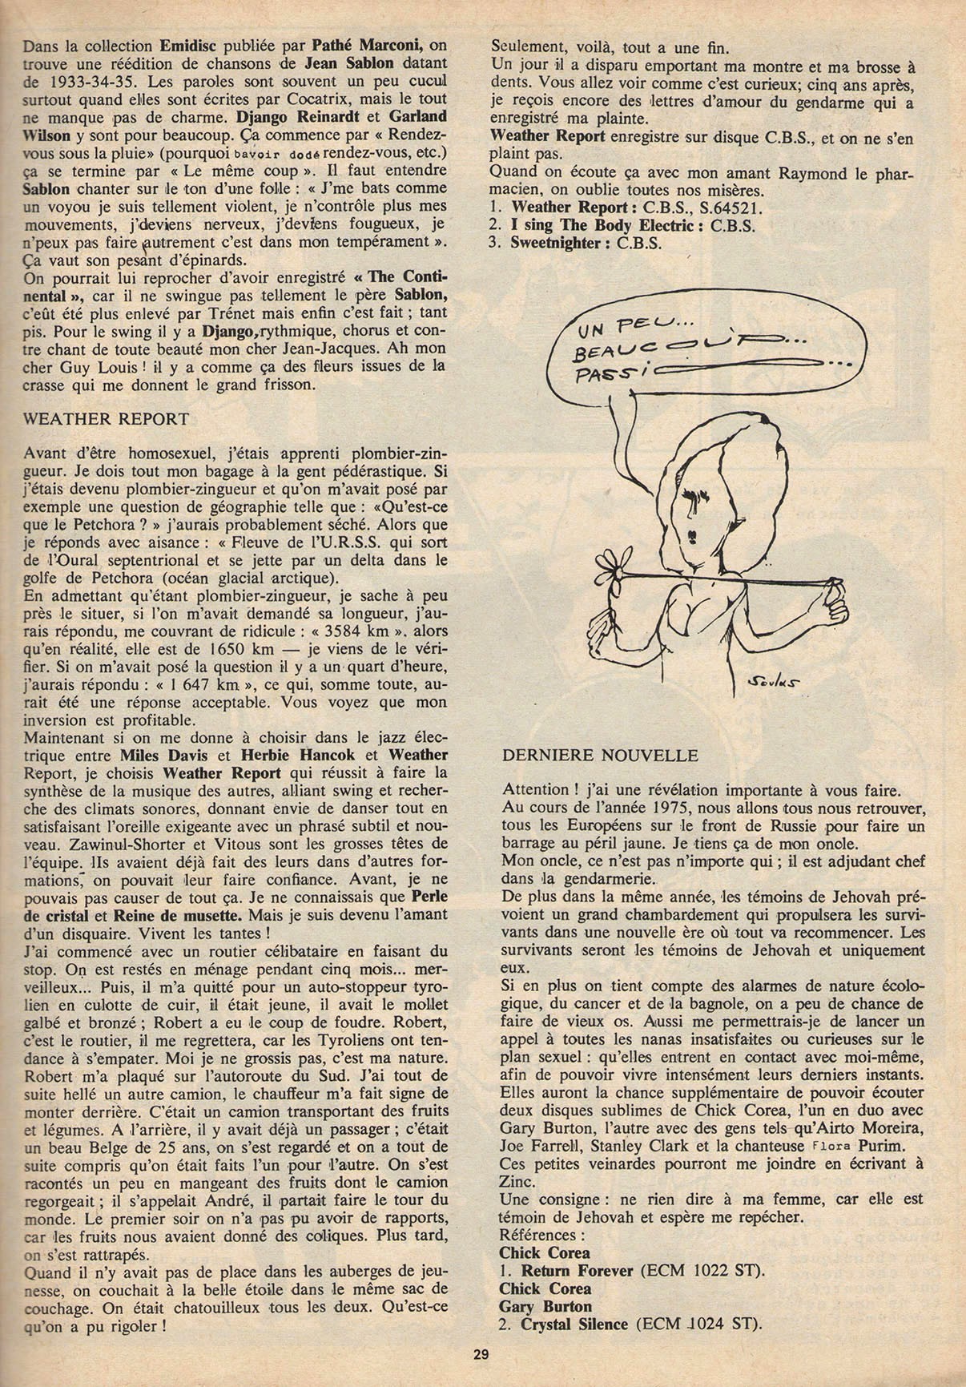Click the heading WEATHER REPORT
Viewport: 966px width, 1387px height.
coord(107,418)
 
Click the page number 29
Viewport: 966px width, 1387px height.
coord(481,1355)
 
